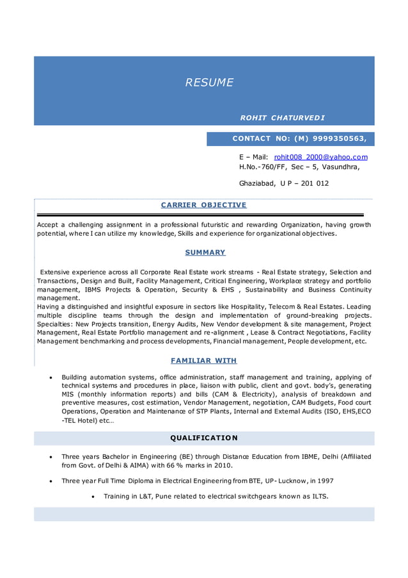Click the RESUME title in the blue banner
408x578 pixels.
[209, 83]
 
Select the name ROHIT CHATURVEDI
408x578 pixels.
[282, 118]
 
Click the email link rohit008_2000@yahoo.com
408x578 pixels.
[320, 157]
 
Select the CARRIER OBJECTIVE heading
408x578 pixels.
[203, 205]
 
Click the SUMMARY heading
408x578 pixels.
[205, 252]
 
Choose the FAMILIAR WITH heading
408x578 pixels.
[204, 361]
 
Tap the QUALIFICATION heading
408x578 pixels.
[204, 438]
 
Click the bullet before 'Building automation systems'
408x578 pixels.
[51, 378]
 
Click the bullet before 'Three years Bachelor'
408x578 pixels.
[51, 457]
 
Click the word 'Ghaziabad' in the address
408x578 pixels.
[256, 183]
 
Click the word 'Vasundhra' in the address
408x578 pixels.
[340, 167]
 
